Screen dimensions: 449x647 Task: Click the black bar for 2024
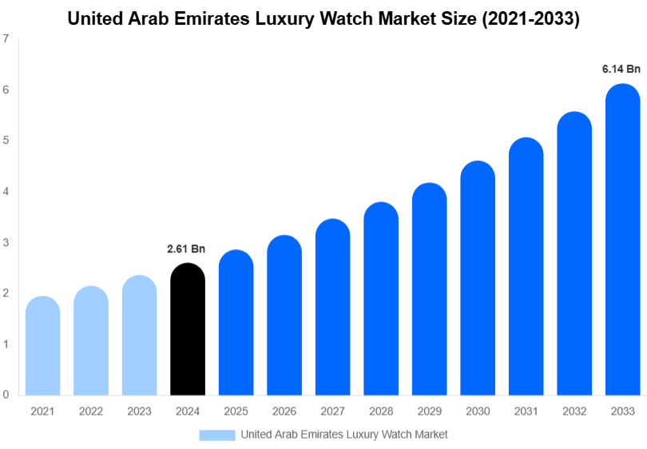pyautogui.click(x=188, y=329)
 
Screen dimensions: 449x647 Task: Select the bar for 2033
pyautogui.click(x=622, y=240)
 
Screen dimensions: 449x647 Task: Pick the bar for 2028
pyautogui.click(x=381, y=299)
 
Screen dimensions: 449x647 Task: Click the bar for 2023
pyautogui.click(x=139, y=336)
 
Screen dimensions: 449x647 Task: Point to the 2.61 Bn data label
pyautogui.click(x=186, y=249)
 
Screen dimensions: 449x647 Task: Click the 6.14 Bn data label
pyautogui.click(x=621, y=70)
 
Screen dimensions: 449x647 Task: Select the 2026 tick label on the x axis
pyautogui.click(x=284, y=411)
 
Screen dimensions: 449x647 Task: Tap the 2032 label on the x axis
pyautogui.click(x=574, y=411)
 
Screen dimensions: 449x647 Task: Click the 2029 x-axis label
pyautogui.click(x=429, y=411)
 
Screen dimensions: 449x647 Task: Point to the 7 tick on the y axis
pyautogui.click(x=6, y=38)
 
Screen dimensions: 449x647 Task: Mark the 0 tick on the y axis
pyautogui.click(x=6, y=395)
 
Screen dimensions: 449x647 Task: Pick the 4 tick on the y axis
pyautogui.click(x=6, y=192)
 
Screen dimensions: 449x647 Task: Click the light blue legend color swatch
pyautogui.click(x=216, y=435)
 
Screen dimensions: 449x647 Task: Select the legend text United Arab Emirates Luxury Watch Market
pyautogui.click(x=344, y=435)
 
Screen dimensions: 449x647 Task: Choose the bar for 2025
pyautogui.click(x=236, y=323)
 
